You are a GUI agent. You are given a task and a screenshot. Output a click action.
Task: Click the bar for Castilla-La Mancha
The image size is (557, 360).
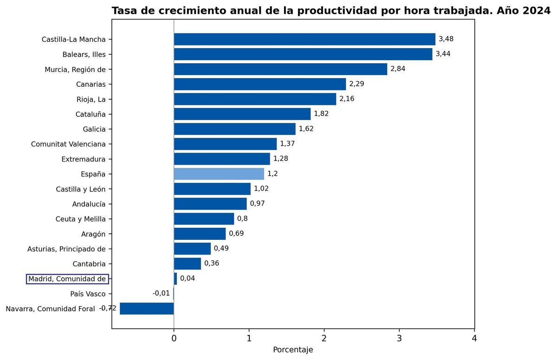point(304,39)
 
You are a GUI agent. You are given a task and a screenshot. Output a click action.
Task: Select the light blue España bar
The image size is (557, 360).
point(219,174)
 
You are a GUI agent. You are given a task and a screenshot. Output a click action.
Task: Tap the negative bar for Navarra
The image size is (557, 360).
point(147,309)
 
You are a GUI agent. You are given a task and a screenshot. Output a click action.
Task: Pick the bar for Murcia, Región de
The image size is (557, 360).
point(280,69)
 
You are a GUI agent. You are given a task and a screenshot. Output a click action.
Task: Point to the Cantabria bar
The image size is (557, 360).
point(188,264)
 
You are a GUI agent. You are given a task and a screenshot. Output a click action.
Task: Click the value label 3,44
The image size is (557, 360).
point(443,54)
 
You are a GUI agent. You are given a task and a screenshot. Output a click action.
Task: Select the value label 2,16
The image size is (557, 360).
point(347,99)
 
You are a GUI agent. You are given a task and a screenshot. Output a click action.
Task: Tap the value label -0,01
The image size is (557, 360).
point(161,293)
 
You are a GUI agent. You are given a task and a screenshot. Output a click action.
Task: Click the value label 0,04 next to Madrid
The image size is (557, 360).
point(188,278)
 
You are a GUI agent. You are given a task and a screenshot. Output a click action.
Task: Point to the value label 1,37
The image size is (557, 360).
point(287,144)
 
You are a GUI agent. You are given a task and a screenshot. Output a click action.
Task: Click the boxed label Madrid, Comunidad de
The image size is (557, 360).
point(67,279)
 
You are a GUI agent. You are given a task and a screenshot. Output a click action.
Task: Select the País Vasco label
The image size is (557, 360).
point(88,294)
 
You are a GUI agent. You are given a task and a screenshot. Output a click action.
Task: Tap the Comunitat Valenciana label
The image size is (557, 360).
point(68,144)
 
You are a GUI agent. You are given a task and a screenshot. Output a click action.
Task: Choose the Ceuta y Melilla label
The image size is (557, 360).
point(80,219)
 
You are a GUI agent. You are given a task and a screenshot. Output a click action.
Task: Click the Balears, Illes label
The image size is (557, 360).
point(84,55)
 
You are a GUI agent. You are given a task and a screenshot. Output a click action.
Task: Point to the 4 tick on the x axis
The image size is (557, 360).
point(474,339)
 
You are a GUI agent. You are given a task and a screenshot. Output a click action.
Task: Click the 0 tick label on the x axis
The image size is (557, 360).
point(174,339)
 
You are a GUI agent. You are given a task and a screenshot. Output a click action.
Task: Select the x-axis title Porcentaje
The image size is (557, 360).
point(293,350)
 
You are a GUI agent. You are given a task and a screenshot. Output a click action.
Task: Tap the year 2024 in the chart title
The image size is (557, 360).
point(536,11)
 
